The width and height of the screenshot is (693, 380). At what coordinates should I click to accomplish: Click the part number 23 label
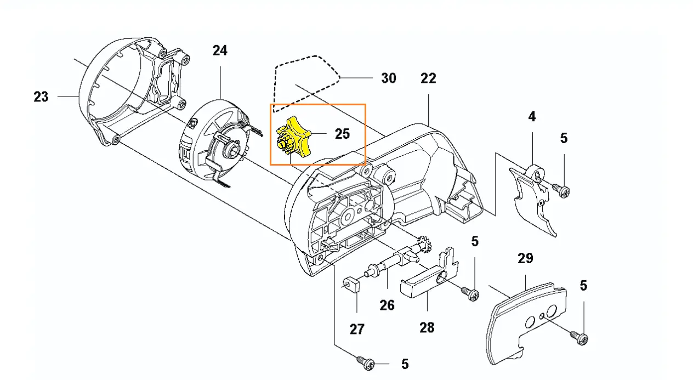click(41, 97)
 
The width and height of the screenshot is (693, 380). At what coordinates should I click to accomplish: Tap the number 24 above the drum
click(219, 50)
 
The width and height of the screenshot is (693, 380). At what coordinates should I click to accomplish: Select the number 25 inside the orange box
click(342, 133)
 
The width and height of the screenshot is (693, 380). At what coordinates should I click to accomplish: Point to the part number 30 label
click(388, 78)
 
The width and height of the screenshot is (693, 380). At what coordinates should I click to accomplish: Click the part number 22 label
click(428, 78)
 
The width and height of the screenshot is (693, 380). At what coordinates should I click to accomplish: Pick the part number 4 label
click(532, 116)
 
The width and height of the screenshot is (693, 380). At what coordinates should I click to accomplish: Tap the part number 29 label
click(525, 258)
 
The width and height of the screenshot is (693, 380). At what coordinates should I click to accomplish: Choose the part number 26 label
click(387, 305)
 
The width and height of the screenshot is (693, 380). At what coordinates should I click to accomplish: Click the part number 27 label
click(357, 329)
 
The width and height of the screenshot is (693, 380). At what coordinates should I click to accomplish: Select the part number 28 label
click(427, 327)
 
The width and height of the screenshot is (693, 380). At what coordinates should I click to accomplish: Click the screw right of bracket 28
click(470, 293)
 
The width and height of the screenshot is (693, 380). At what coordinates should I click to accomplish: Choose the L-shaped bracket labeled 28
click(433, 277)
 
